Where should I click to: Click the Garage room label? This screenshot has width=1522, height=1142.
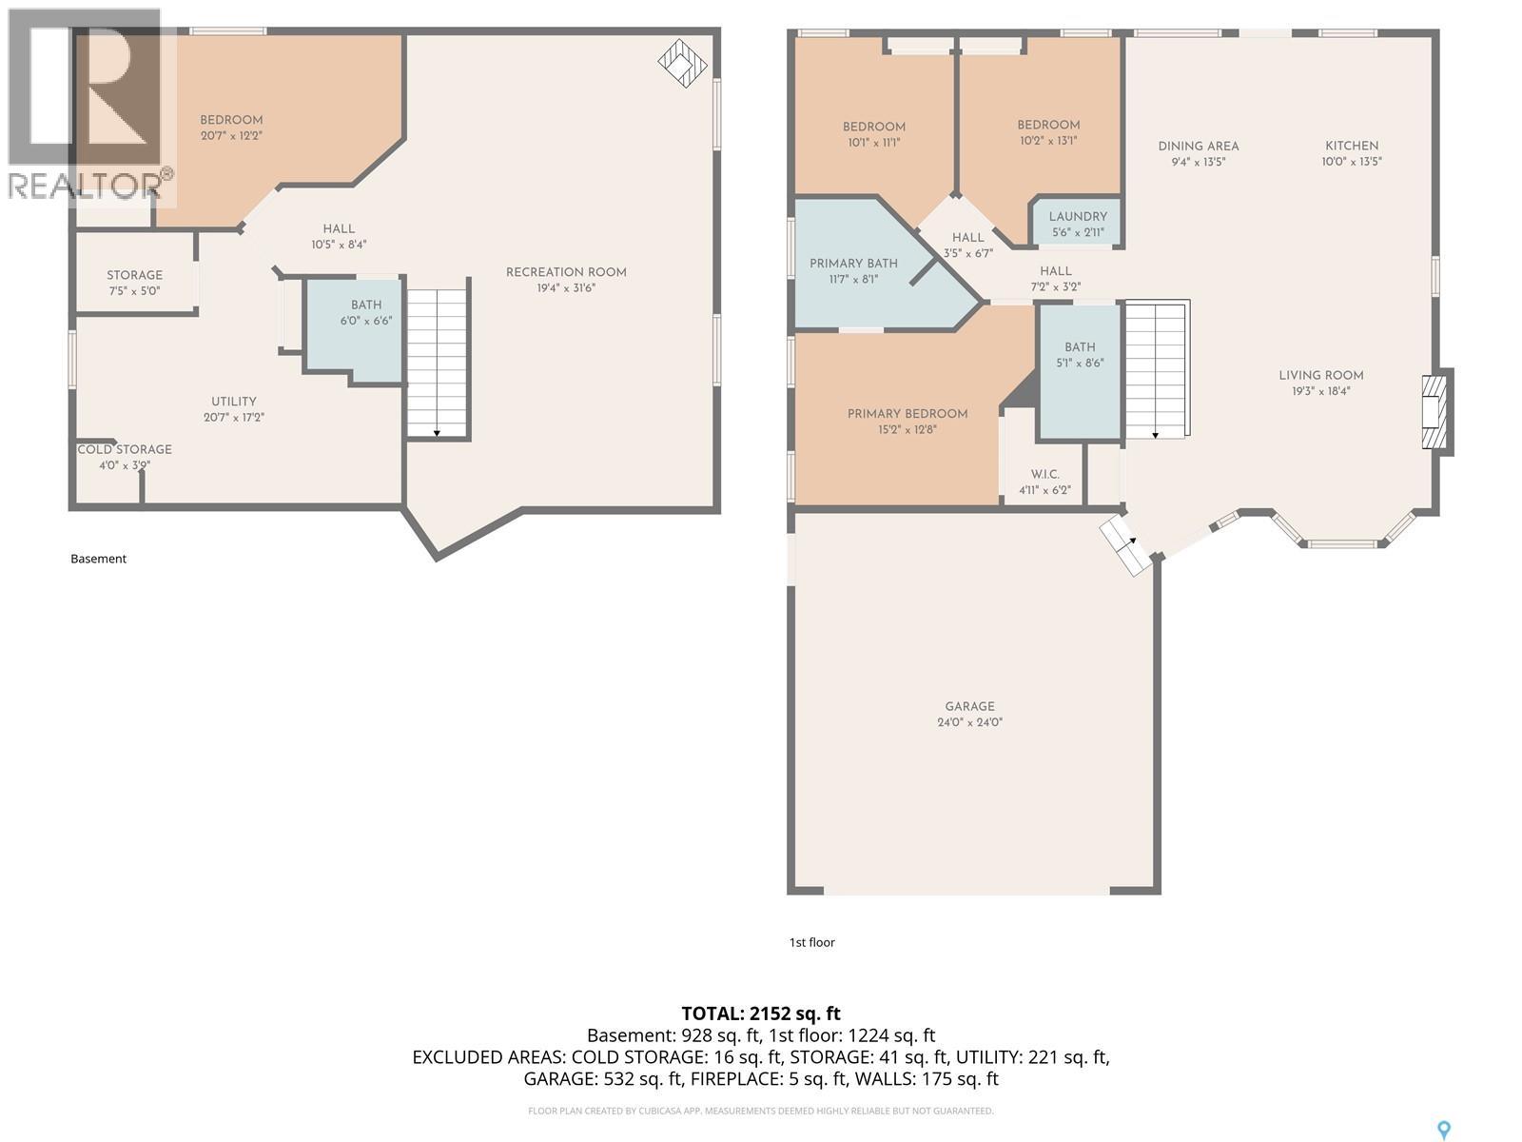tap(969, 706)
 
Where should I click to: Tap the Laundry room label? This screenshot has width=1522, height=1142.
tap(1078, 216)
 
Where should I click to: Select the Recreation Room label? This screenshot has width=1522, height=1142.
tap(566, 272)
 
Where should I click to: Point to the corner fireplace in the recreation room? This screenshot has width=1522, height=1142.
tap(682, 63)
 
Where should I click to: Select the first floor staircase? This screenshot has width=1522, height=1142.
tap(1155, 369)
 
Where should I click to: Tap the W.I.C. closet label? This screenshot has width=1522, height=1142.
tap(1044, 474)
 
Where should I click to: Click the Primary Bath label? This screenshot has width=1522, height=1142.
tap(853, 264)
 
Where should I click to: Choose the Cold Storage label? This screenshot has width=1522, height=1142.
tap(125, 449)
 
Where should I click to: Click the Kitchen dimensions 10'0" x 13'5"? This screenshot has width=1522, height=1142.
tap(1352, 162)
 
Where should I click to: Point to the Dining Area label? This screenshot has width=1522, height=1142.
tap(1199, 147)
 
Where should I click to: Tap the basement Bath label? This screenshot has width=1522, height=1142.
tap(366, 305)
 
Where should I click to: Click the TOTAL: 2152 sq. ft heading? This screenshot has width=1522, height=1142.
tap(761, 1014)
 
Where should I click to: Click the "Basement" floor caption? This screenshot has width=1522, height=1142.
tap(99, 559)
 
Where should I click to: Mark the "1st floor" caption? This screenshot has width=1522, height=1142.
tap(812, 942)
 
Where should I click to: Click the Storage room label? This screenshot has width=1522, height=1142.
tap(134, 275)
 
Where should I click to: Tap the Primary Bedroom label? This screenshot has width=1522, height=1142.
tap(907, 414)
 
